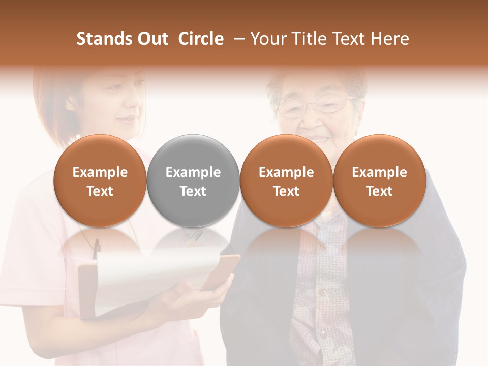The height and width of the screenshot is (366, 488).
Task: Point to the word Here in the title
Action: point(390,39)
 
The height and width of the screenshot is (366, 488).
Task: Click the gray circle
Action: point(193,180)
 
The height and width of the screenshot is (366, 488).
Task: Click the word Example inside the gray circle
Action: point(193,172)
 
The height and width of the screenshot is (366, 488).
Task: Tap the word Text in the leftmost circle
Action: point(100,191)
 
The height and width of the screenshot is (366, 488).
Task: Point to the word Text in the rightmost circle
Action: point(379,191)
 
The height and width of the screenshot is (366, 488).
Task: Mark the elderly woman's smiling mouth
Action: point(319,138)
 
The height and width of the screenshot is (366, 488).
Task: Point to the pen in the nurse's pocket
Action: point(96,249)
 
